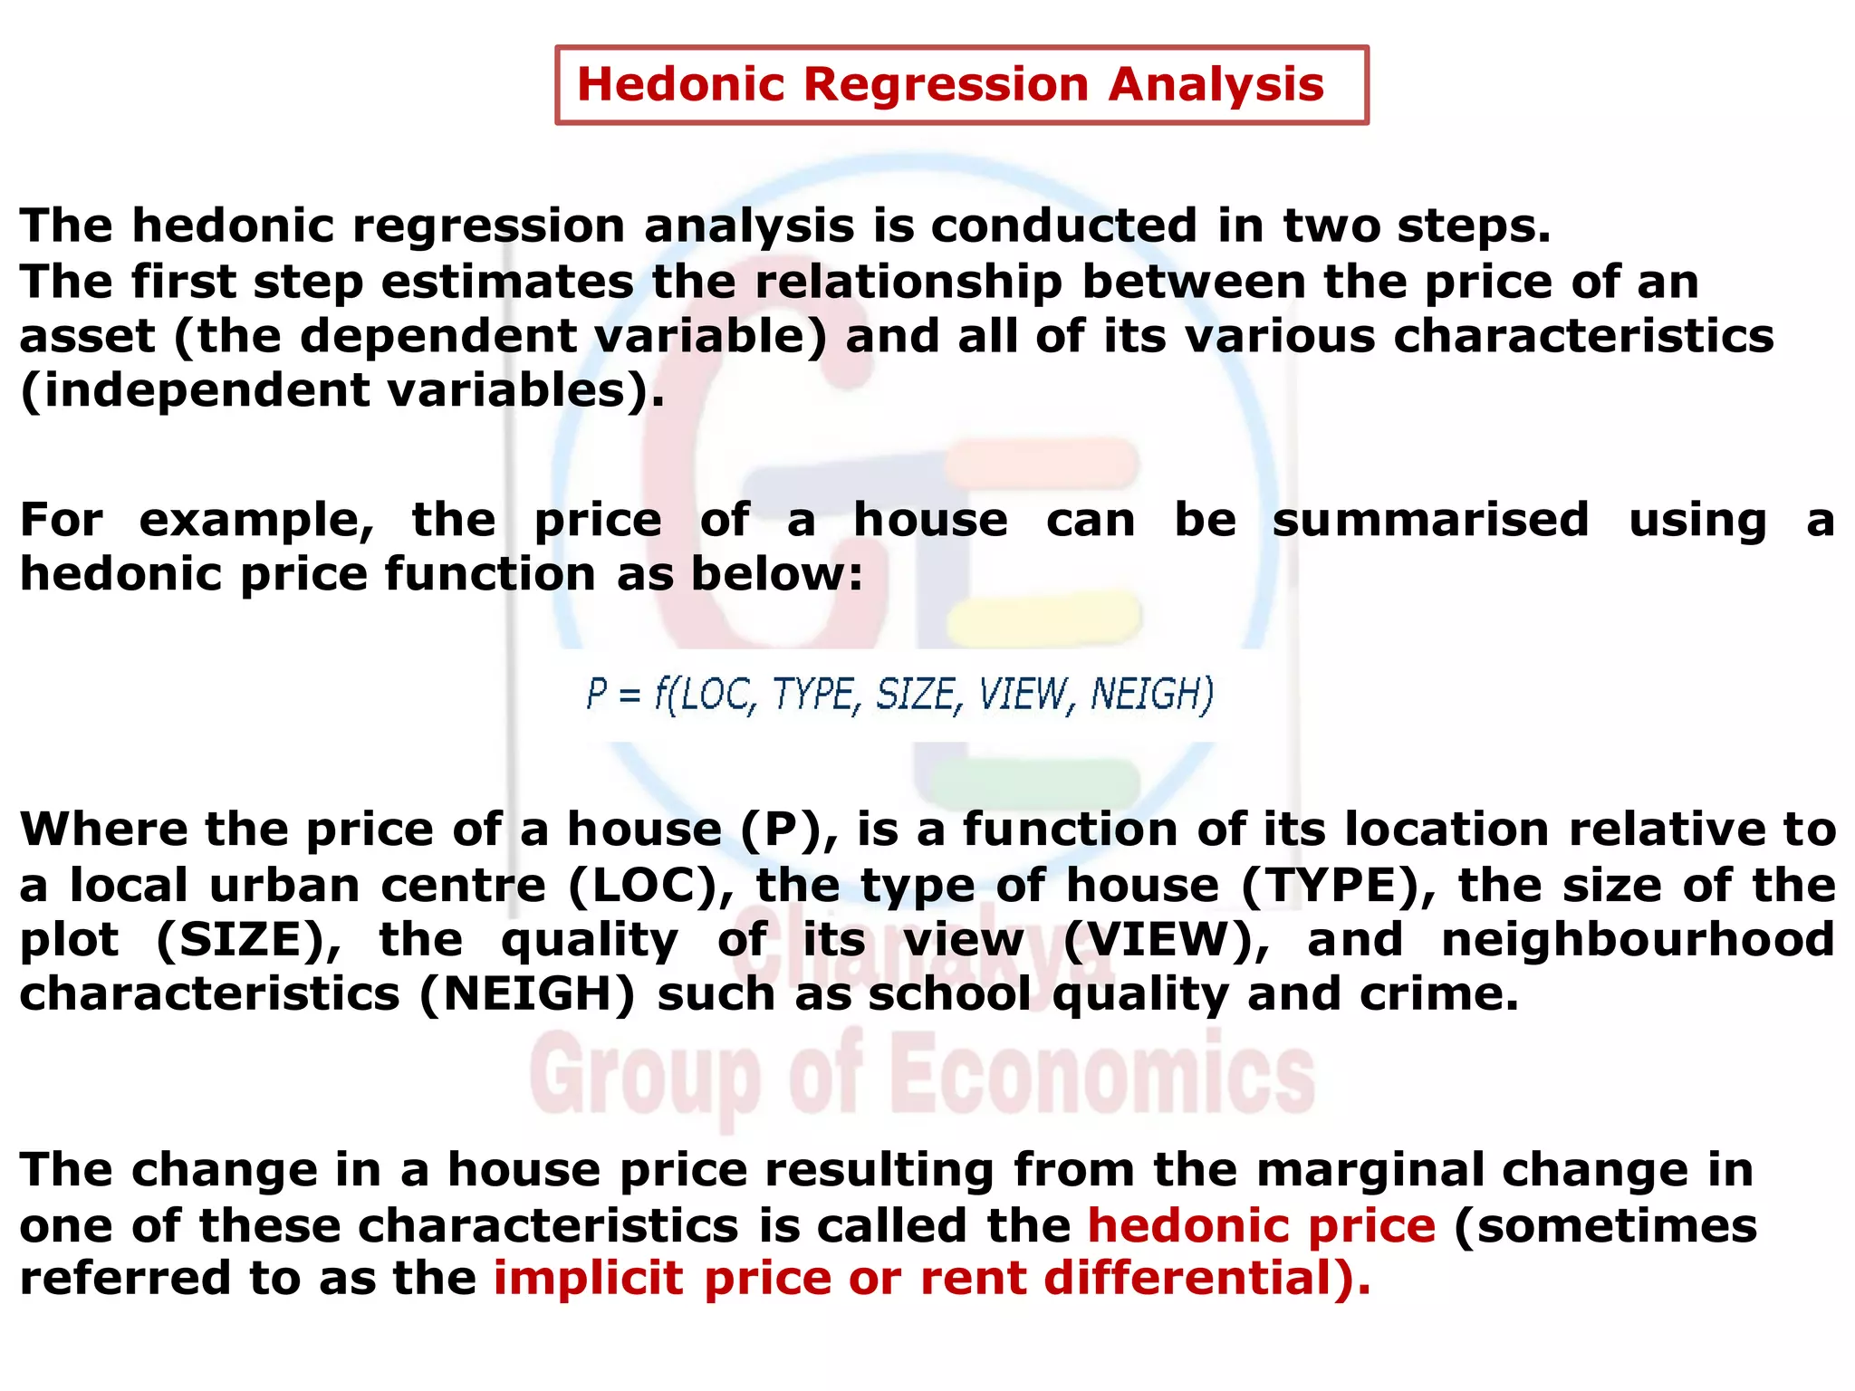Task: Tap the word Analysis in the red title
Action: coord(1216,85)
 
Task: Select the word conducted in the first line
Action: coord(1063,225)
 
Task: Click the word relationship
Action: coord(908,282)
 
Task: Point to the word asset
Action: coord(87,337)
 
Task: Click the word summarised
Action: coord(1430,520)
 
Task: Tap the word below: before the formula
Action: coord(777,574)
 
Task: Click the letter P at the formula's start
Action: coord(596,694)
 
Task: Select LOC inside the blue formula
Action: coord(716,695)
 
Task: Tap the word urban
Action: coord(284,885)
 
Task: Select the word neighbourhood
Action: coord(1638,939)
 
